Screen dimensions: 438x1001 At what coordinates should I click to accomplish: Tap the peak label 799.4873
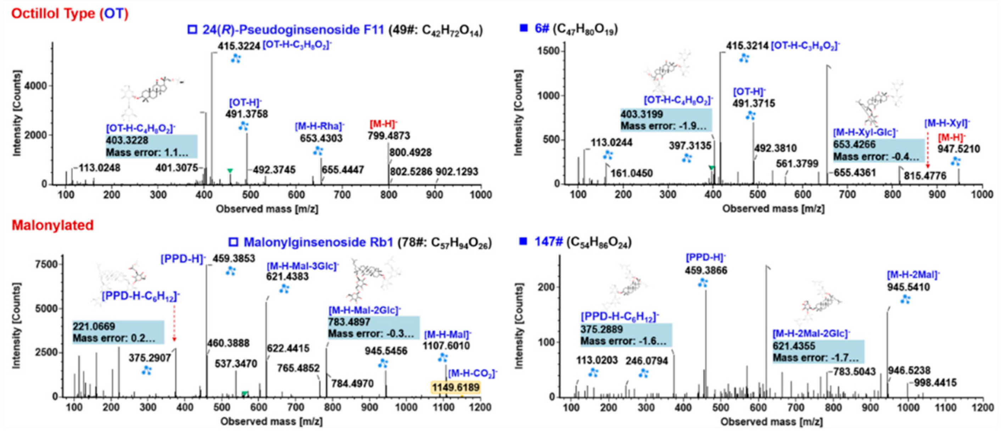click(x=388, y=135)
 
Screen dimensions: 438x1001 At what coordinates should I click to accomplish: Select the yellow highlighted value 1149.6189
click(x=455, y=388)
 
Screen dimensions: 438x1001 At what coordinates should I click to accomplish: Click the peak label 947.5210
click(x=958, y=149)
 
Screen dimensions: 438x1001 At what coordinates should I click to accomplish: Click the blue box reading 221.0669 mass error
click(x=118, y=332)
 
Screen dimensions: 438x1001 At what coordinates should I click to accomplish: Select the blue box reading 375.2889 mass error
click(x=626, y=335)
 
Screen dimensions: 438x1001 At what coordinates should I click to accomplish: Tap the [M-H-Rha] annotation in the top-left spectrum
click(x=319, y=126)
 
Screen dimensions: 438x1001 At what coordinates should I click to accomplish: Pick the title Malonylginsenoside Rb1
click(x=318, y=243)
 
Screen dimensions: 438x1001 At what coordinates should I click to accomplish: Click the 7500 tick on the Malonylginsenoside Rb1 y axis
click(x=46, y=264)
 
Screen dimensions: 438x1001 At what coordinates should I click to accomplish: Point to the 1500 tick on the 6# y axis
click(x=548, y=51)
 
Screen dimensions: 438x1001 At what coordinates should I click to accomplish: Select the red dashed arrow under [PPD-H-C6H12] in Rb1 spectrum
click(x=174, y=323)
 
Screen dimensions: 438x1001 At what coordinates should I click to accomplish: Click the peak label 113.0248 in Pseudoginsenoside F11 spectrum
click(x=100, y=168)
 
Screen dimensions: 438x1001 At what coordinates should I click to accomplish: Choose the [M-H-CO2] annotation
click(x=472, y=374)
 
